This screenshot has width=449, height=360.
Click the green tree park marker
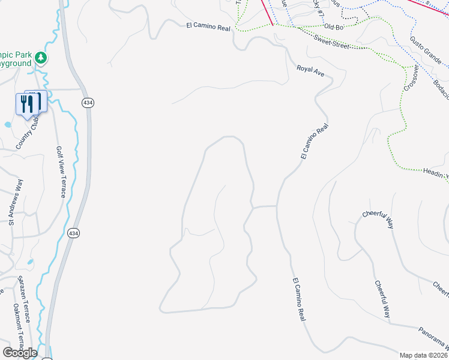[41, 58]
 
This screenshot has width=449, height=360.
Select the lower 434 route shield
[73, 233]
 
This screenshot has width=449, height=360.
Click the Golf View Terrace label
[61, 172]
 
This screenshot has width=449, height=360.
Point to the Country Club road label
[26, 133]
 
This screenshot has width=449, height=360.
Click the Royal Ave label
[310, 70]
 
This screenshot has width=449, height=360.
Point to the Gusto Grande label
[426, 50]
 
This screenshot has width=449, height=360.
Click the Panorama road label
[434, 340]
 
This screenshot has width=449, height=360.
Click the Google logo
[20, 352]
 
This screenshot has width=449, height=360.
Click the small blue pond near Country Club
[7, 125]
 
